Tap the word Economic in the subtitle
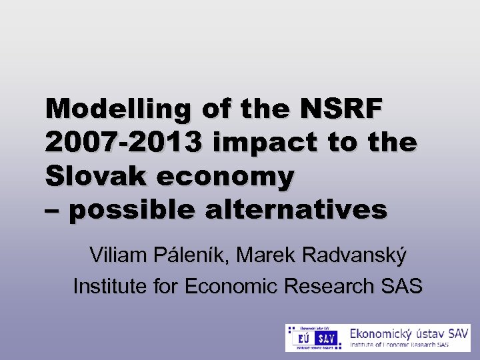tap(231, 286)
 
